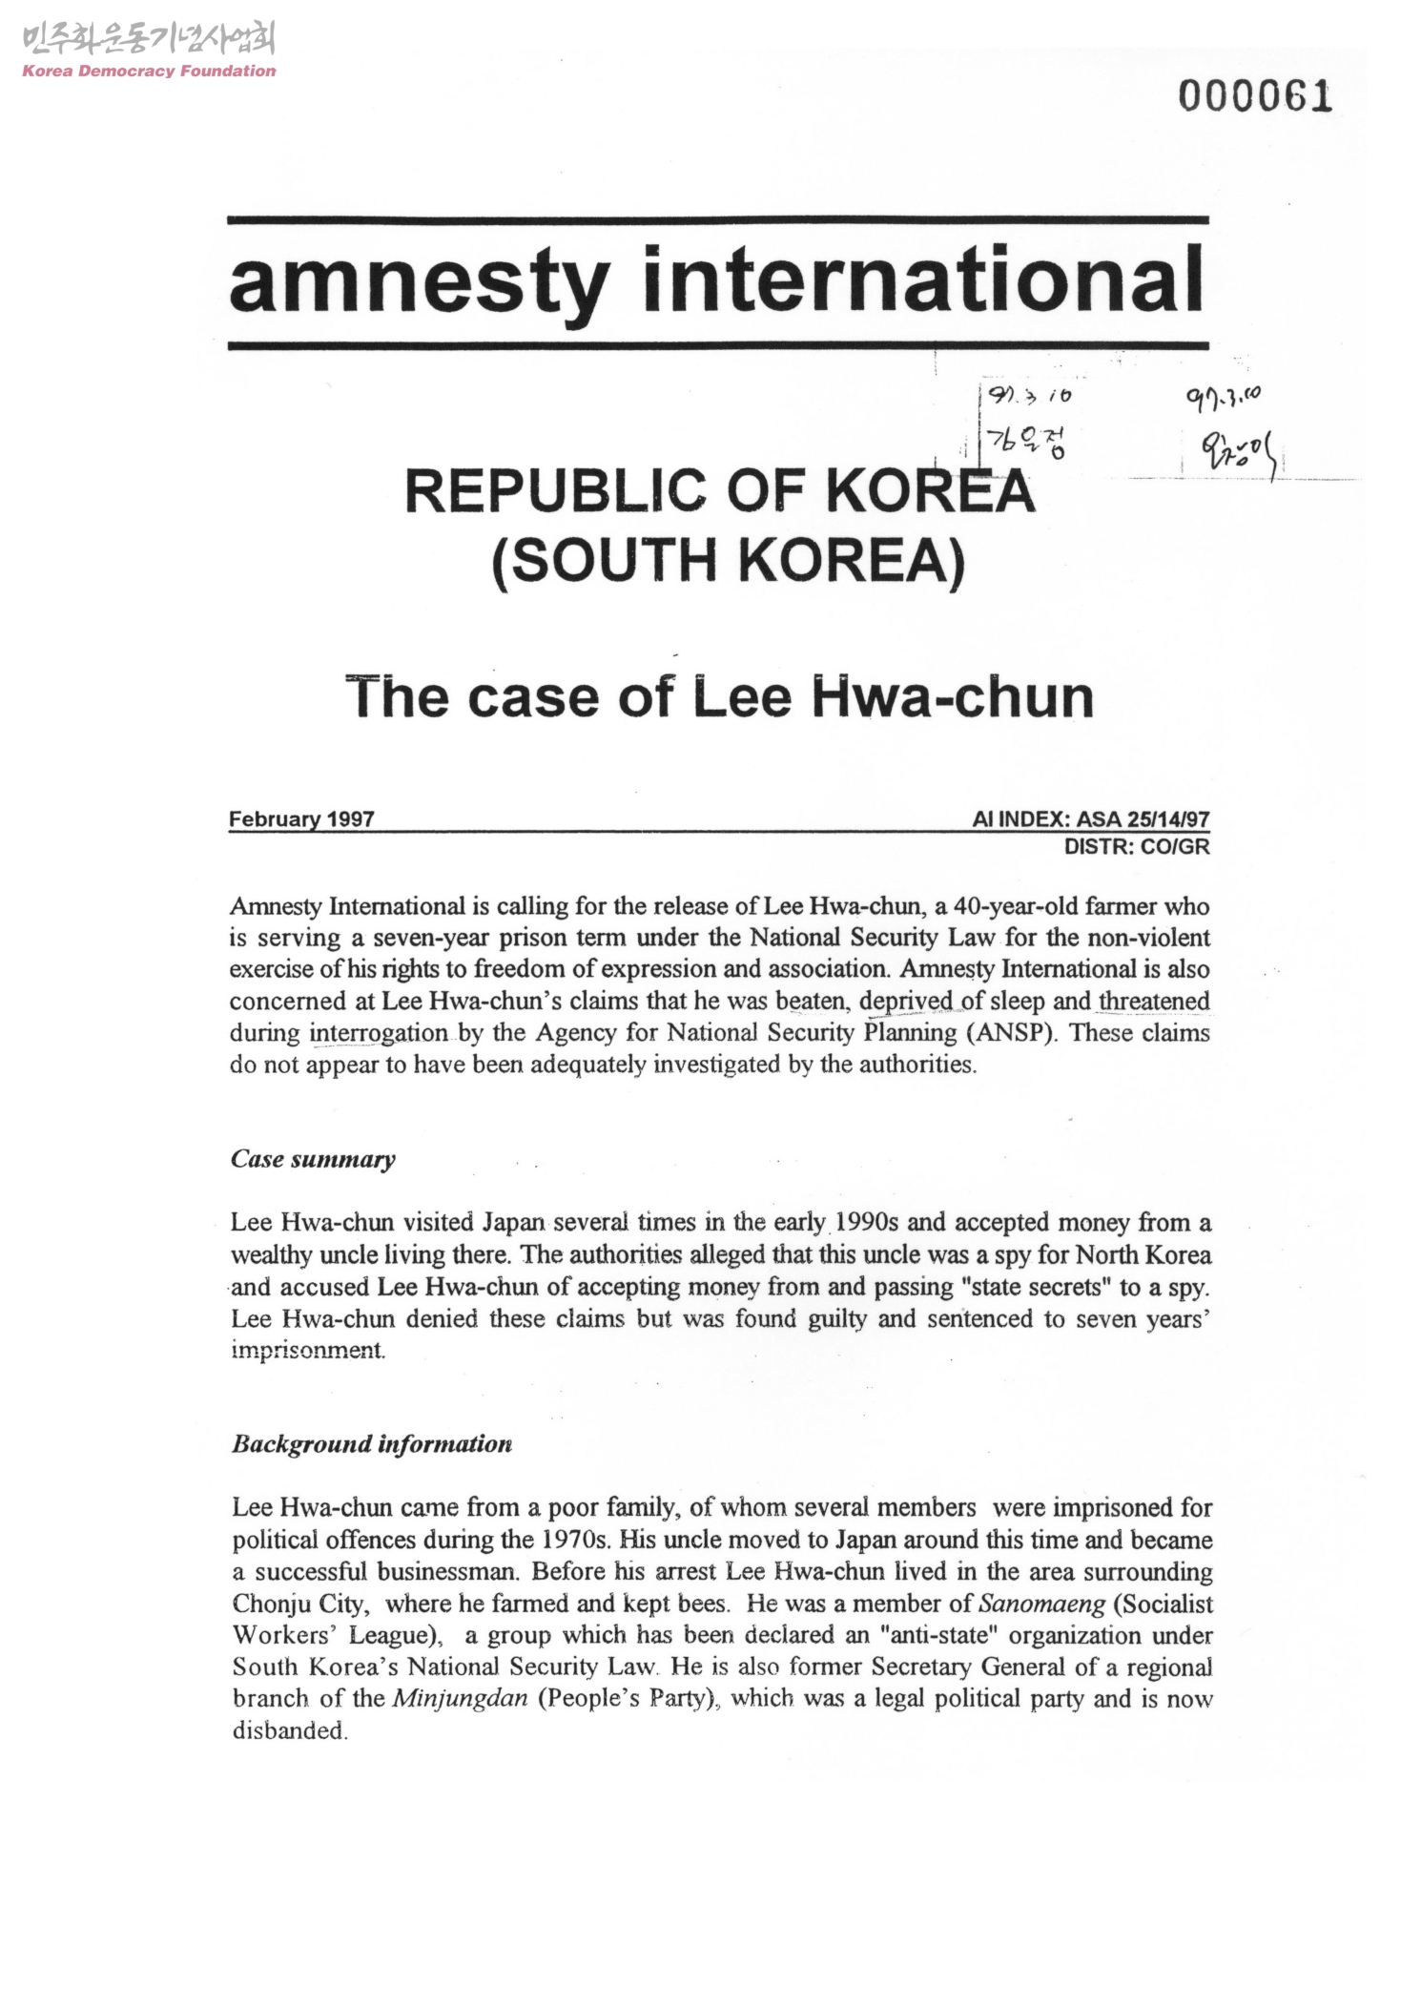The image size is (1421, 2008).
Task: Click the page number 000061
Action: pyautogui.click(x=1254, y=96)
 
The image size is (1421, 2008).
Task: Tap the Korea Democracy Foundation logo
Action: pyautogui.click(x=149, y=52)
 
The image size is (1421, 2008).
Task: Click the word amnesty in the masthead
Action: pyautogui.click(x=418, y=282)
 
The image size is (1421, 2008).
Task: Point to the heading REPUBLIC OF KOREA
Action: pyautogui.click(x=720, y=491)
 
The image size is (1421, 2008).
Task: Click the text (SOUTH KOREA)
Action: pyautogui.click(x=729, y=560)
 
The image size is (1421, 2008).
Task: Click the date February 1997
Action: pyautogui.click(x=301, y=819)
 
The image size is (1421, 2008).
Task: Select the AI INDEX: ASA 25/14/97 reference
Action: pyautogui.click(x=1090, y=819)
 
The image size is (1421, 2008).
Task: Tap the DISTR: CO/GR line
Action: pyautogui.click(x=1136, y=846)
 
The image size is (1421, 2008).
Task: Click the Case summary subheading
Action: pyautogui.click(x=313, y=1160)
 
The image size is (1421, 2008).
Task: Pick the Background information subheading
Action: pyautogui.click(x=372, y=1444)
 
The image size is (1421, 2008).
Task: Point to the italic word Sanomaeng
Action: pyautogui.click(x=1041, y=1604)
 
